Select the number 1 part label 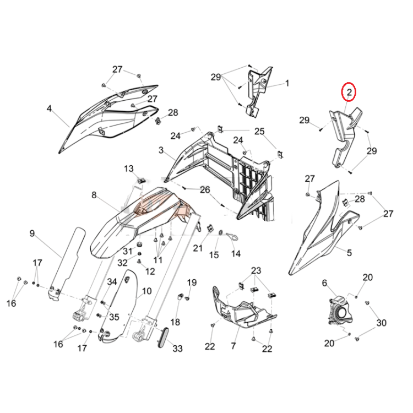coord(287,83)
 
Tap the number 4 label coord(49,108)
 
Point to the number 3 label coord(161,150)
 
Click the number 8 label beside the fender coord(94,195)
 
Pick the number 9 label coord(32,233)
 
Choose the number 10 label coord(146,291)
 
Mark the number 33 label coord(177,349)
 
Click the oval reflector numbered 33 coord(163,337)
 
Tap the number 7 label coord(233,346)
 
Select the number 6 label coord(324,283)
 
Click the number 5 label coord(349,253)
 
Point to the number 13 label coord(129,169)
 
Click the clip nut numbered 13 coord(142,181)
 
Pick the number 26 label coord(205,189)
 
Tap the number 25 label coord(259,131)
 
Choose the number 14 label coord(236,254)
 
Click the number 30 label coord(382,323)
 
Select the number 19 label coord(192,282)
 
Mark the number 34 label coord(112,282)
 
